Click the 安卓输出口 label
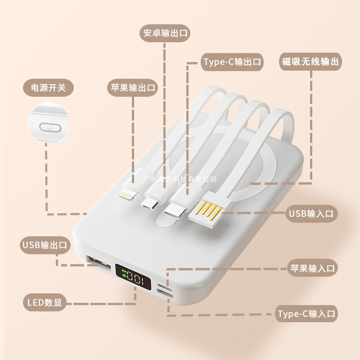[x=165, y=33]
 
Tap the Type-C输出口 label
[x=231, y=62]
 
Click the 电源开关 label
[x=48, y=87]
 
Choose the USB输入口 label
[x=311, y=214]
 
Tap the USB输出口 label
[x=45, y=245]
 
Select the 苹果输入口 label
[x=311, y=269]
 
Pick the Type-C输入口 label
[x=307, y=314]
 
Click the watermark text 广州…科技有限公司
[x=180, y=179]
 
